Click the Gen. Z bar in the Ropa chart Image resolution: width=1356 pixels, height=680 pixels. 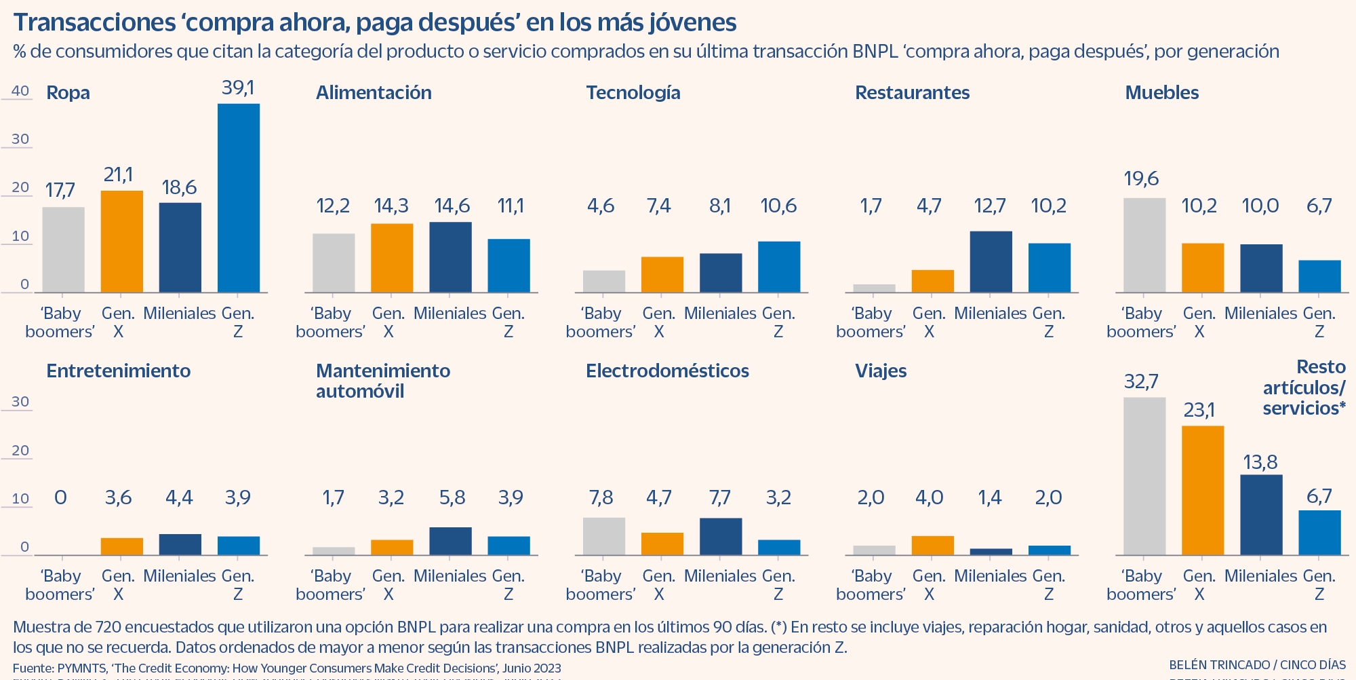point(239,197)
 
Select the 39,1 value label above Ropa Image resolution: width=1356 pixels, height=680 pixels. point(238,88)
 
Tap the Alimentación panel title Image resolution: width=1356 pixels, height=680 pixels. point(374,92)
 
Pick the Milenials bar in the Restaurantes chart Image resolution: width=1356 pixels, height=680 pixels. point(991,262)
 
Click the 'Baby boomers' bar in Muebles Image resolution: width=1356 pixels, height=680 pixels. point(1144,245)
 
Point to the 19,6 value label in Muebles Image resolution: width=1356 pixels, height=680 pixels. point(1141,178)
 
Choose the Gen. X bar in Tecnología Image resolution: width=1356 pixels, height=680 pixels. point(662,274)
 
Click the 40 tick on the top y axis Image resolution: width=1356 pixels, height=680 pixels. point(20,91)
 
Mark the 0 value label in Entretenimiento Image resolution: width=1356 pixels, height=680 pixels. point(60,497)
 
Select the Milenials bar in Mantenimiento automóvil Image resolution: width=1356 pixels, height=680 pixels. point(450,541)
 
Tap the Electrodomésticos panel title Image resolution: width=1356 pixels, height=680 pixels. point(667,371)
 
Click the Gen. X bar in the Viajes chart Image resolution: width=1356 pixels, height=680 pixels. point(932,546)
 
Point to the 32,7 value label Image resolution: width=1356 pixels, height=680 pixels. point(1141,381)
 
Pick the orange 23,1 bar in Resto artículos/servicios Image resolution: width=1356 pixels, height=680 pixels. point(1203,490)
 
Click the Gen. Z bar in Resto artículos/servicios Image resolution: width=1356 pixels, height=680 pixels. point(1319,533)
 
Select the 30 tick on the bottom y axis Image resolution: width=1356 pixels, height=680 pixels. point(20,401)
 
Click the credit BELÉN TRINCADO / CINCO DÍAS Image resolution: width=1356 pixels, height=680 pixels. point(1257,665)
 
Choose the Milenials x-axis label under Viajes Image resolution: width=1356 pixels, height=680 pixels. point(990,575)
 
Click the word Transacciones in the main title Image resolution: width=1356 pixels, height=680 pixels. point(95,22)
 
